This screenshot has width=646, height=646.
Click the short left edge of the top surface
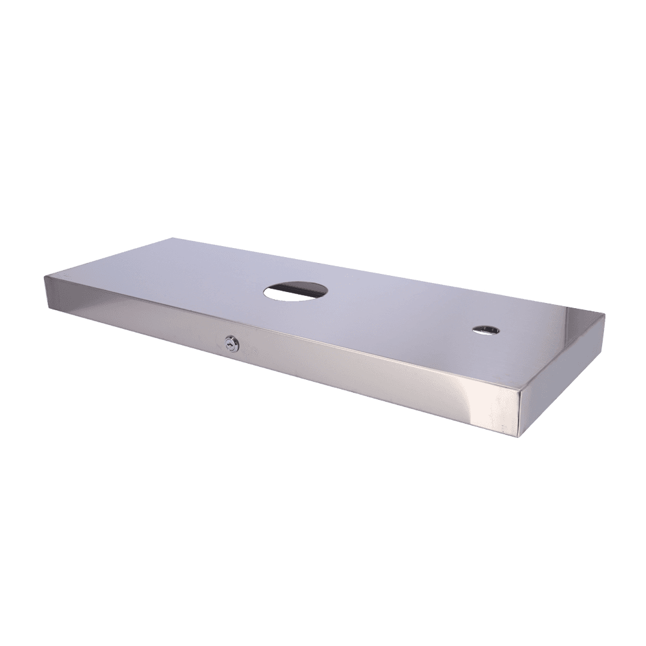(x=107, y=259)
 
